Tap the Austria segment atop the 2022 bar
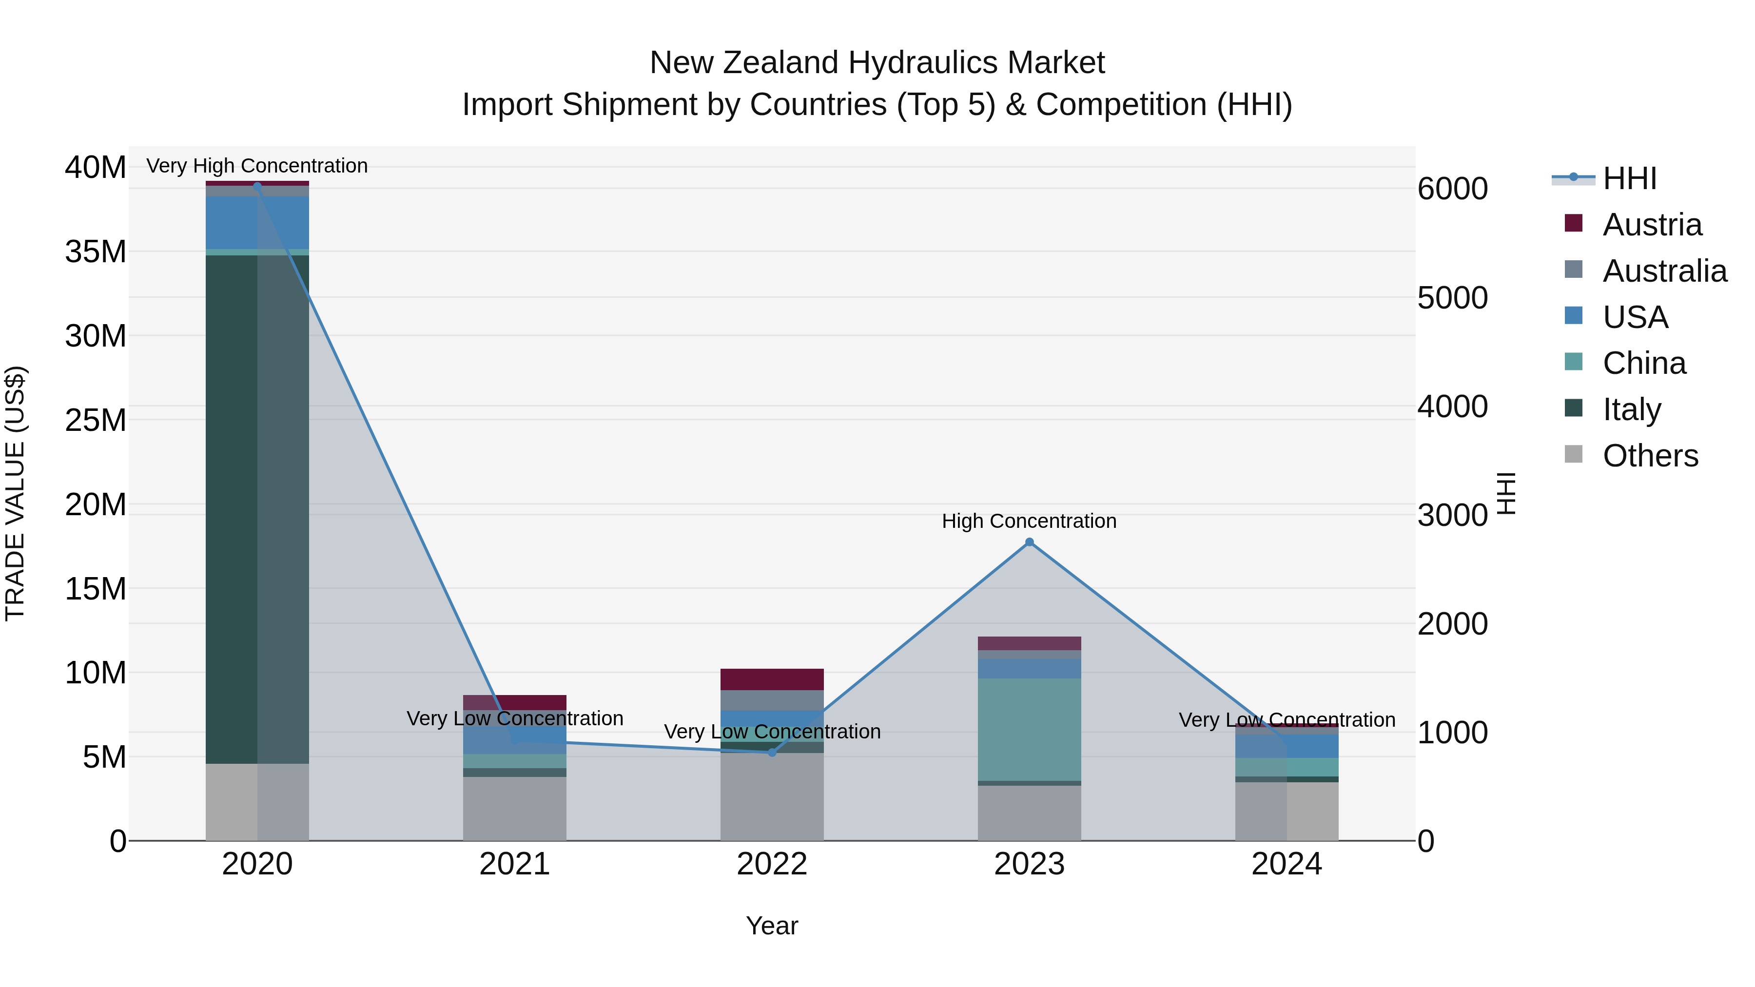(x=772, y=679)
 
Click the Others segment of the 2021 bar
(x=514, y=809)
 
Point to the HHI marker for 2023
(x=1030, y=542)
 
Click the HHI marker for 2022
(x=772, y=753)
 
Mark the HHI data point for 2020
(x=257, y=185)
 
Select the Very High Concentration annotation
(x=257, y=166)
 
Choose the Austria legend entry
(x=1652, y=225)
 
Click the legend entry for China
(x=1643, y=363)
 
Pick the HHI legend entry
(x=1628, y=178)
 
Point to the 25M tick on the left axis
(x=96, y=420)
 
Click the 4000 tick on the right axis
(x=1452, y=406)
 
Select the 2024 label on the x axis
(x=1287, y=864)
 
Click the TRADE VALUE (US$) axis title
(x=16, y=493)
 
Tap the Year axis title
(x=772, y=926)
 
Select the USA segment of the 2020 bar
(x=257, y=222)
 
